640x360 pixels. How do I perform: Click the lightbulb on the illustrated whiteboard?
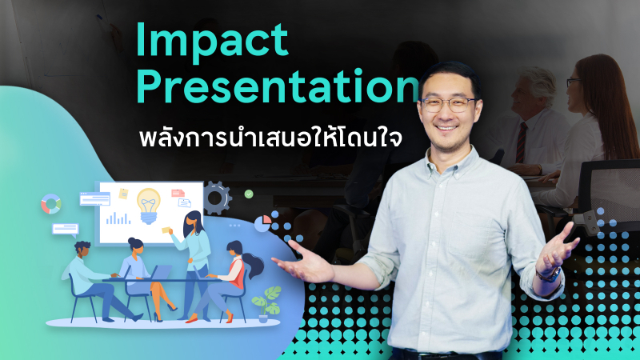149,203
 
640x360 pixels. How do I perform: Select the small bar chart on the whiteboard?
118,217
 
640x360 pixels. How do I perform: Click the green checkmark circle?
249,194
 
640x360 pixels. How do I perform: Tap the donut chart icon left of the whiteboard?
51,204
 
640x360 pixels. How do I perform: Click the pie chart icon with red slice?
262,222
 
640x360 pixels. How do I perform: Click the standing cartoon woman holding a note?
192,256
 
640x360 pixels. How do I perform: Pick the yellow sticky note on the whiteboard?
123,194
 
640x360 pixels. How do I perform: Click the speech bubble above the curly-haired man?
64,229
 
